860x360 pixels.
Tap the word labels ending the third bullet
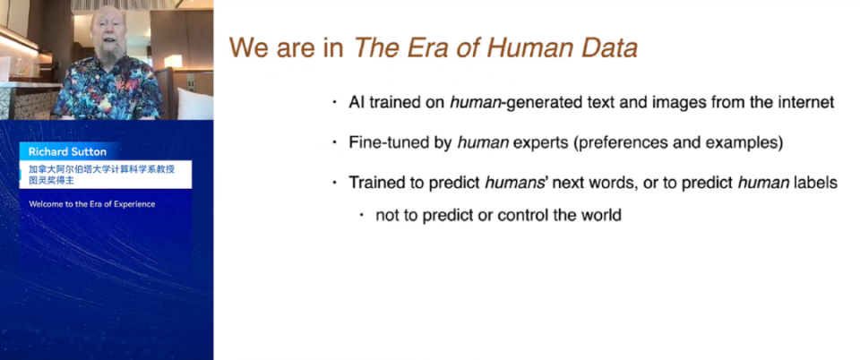[817, 183]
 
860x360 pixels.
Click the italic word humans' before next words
[517, 183]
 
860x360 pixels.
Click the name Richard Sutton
[67, 151]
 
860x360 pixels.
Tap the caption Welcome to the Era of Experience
[91, 204]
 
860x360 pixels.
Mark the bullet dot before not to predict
[361, 215]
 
